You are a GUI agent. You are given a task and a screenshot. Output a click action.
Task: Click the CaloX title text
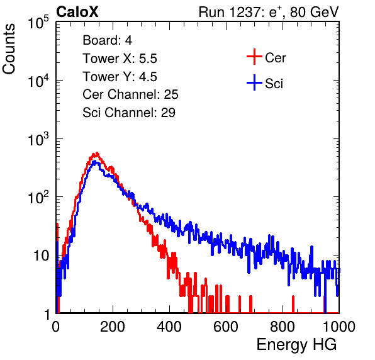point(77,12)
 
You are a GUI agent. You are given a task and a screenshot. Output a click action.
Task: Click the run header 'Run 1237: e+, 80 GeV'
point(269,12)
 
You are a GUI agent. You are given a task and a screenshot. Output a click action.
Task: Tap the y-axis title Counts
point(9,49)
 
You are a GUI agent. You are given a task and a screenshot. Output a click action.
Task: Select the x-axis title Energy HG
point(296,345)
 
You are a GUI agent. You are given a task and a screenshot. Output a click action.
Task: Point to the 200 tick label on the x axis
point(113,327)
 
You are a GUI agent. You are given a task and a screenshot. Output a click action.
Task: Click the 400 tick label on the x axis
point(169,327)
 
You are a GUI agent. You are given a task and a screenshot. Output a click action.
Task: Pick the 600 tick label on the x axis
point(226,327)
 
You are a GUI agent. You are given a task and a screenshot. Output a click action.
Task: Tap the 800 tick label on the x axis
point(283,327)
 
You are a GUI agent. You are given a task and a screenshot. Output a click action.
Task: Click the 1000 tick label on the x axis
point(339,327)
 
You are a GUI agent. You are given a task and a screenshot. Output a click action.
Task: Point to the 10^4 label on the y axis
point(38,81)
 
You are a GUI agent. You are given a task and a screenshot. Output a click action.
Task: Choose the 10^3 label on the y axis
point(38,139)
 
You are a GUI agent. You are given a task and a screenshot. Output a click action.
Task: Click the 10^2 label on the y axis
point(38,198)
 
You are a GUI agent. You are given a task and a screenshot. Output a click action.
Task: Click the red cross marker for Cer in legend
point(254,57)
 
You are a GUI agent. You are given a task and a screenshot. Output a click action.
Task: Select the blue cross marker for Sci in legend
point(254,83)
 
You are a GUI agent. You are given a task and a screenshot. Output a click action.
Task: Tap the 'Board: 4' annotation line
point(108,40)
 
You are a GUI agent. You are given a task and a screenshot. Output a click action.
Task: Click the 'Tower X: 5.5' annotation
point(120,59)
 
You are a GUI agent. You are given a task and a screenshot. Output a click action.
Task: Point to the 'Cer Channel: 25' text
point(130,94)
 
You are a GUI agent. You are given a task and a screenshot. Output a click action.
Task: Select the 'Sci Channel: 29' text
point(129,113)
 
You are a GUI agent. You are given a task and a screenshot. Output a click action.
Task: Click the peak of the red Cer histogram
point(97,153)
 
